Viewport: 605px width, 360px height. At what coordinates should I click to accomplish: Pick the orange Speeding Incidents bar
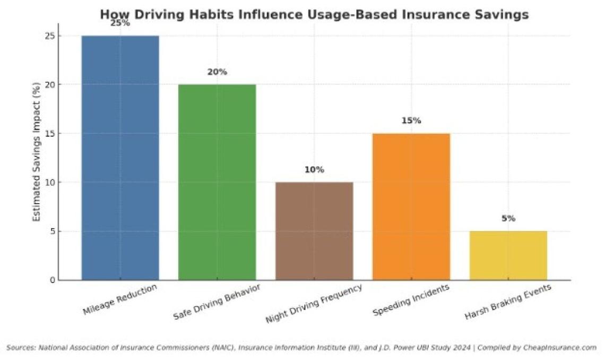click(x=411, y=207)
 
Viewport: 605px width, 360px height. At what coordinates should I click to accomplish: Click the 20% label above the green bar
click(x=217, y=72)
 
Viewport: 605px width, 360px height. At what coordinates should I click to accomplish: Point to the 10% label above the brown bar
click(x=314, y=170)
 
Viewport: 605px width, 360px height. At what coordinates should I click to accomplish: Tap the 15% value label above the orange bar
click(x=411, y=121)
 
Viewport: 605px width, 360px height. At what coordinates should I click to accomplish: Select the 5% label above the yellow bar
click(x=508, y=219)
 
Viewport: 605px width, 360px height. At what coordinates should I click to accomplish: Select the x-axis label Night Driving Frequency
click(x=314, y=304)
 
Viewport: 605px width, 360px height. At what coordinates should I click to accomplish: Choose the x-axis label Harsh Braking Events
click(x=508, y=302)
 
